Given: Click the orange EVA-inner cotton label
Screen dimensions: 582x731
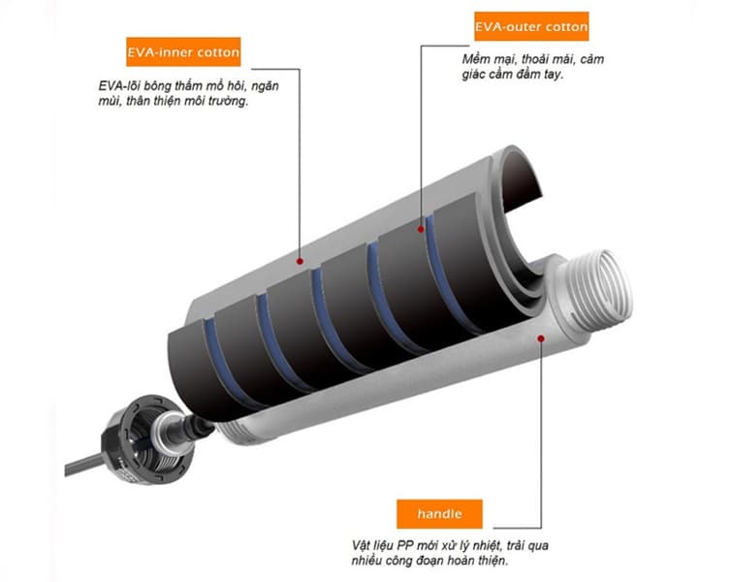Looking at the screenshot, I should coord(183,50).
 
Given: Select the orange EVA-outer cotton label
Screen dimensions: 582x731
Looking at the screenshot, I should coord(531,26).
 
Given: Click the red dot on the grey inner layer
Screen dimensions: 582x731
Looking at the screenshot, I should coord(301,260).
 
